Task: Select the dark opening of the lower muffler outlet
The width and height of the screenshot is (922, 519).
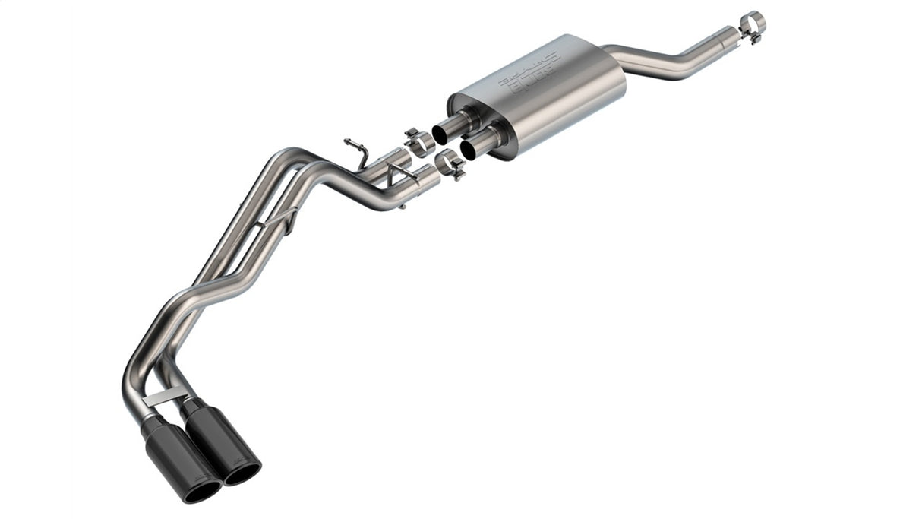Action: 469,149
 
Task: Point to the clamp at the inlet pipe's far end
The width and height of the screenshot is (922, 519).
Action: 752,24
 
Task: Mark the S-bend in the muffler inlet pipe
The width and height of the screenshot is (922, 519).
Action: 687,57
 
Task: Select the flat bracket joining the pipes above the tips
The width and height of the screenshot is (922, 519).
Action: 168,395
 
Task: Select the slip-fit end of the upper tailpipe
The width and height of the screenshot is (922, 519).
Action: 395,157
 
